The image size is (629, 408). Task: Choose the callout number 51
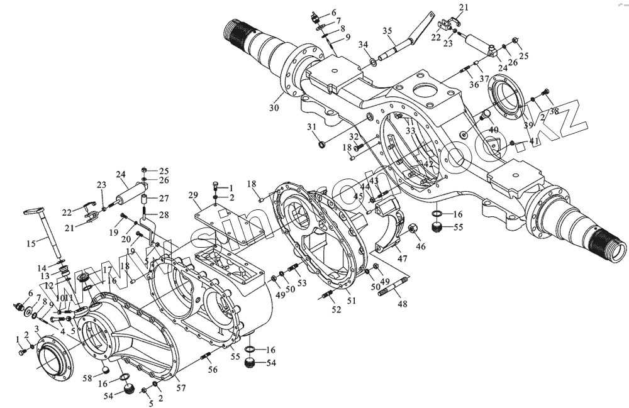click(x=351, y=301)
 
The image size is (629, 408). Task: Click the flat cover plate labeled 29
click(x=226, y=214)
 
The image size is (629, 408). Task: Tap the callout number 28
click(x=164, y=215)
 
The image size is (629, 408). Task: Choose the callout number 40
click(x=494, y=130)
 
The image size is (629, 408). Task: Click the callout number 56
click(x=213, y=370)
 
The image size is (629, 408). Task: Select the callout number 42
click(x=428, y=163)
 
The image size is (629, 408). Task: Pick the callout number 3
click(x=37, y=329)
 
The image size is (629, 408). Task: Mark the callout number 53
click(x=302, y=283)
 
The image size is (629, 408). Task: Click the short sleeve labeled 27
click(x=144, y=201)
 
